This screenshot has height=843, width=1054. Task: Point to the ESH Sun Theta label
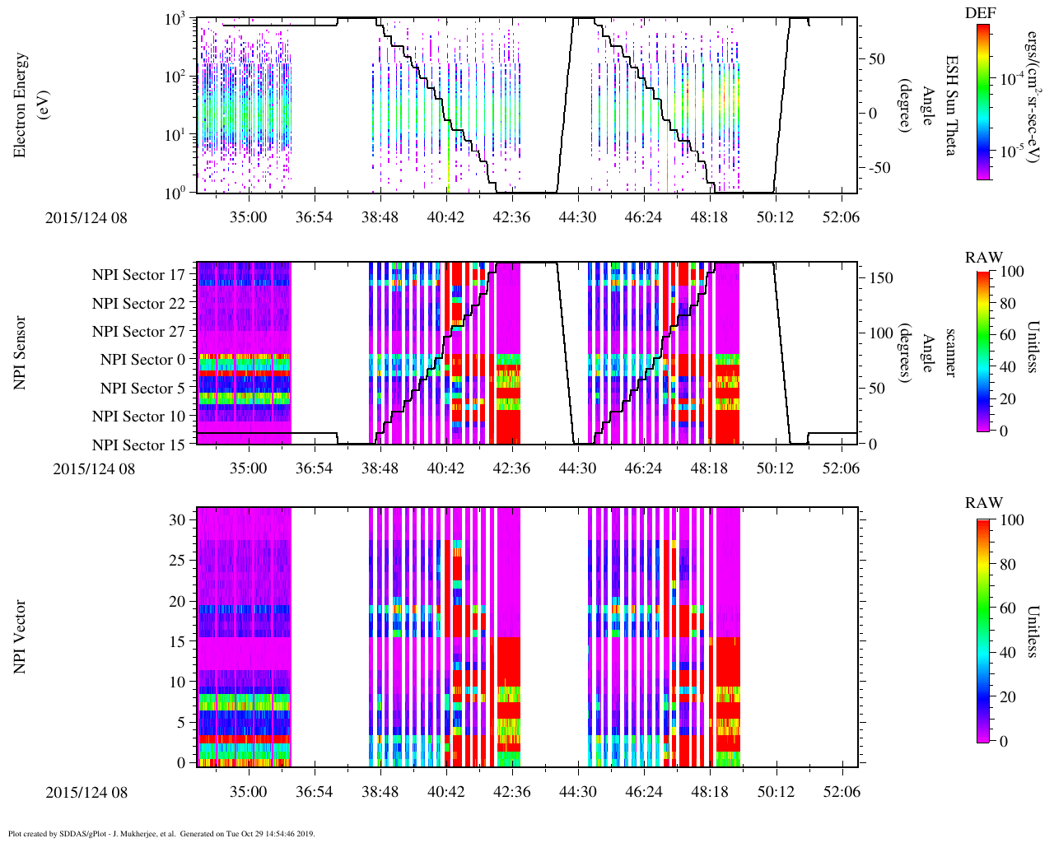click(x=951, y=105)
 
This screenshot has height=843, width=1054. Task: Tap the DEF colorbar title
click(x=981, y=12)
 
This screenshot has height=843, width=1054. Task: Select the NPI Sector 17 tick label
click(x=138, y=275)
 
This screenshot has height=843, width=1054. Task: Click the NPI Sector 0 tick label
click(x=142, y=360)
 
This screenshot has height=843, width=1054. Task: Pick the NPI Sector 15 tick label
click(x=138, y=445)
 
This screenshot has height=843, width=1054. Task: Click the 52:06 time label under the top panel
click(x=841, y=217)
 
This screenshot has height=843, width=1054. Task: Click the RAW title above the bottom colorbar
click(x=984, y=503)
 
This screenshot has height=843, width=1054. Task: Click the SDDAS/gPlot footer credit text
click(x=161, y=833)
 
